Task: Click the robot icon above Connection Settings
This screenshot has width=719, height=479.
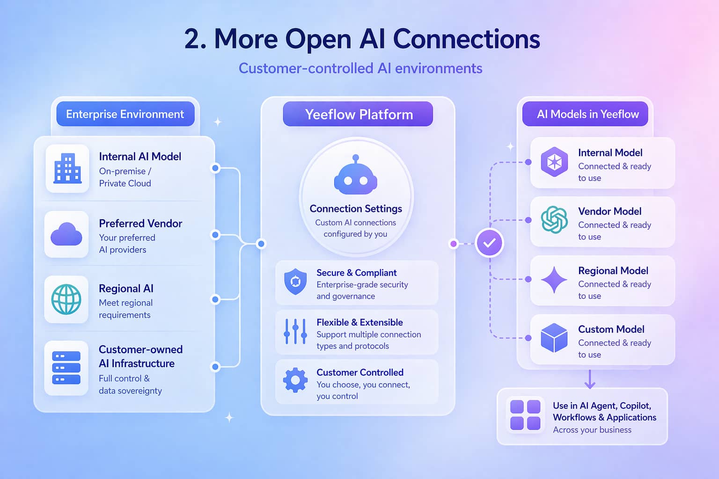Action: pyautogui.click(x=356, y=176)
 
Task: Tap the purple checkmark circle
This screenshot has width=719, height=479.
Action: pyautogui.click(x=489, y=243)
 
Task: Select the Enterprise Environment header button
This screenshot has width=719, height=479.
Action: pyautogui.click(x=125, y=114)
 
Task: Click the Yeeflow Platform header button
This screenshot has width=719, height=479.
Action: pyautogui.click(x=358, y=114)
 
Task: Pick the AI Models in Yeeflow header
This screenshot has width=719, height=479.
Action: pyautogui.click(x=587, y=114)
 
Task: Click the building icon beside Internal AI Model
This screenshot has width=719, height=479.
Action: pyautogui.click(x=67, y=168)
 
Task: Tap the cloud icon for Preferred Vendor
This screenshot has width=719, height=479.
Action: pyautogui.click(x=66, y=234)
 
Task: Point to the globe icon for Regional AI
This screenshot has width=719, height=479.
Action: pyautogui.click(x=66, y=299)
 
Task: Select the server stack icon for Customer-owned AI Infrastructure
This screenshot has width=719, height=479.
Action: pyautogui.click(x=66, y=368)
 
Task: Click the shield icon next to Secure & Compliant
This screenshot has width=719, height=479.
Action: pyautogui.click(x=295, y=282)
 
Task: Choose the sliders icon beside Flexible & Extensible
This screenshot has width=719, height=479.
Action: pyautogui.click(x=295, y=331)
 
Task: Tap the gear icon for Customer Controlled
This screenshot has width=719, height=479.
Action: pyautogui.click(x=295, y=380)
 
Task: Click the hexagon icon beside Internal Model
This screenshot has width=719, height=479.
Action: pyautogui.click(x=554, y=162)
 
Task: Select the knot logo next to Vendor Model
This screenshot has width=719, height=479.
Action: pyautogui.click(x=554, y=219)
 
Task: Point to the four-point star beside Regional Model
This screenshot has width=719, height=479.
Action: pyautogui.click(x=554, y=280)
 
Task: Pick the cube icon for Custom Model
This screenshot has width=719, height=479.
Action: pyautogui.click(x=554, y=338)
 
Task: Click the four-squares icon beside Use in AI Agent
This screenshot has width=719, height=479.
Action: pyautogui.click(x=525, y=415)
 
